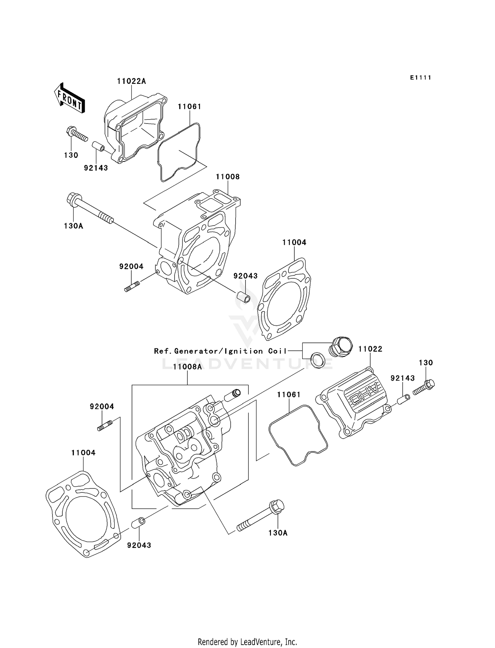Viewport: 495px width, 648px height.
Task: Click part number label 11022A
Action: pos(131,81)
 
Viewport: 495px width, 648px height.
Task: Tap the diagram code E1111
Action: pos(421,78)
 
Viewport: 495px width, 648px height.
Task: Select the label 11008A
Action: pos(187,367)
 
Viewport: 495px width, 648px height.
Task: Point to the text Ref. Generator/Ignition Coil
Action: pos(220,351)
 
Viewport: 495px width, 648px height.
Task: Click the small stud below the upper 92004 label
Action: pos(132,286)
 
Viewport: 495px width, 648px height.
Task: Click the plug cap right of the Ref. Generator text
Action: pos(340,347)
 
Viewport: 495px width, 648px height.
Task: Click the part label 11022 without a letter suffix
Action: pos(370,349)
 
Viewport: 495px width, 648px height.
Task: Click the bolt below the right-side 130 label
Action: pos(424,387)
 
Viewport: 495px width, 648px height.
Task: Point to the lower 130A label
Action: pos(278,533)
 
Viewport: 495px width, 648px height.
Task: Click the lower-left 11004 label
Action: pos(83,453)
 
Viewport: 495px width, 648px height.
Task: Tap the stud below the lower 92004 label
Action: pos(105,425)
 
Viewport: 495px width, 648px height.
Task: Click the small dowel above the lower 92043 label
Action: pos(138,522)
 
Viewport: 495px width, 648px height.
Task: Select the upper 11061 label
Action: pos(189,107)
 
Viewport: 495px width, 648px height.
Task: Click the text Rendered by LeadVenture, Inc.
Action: pos(247,642)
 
